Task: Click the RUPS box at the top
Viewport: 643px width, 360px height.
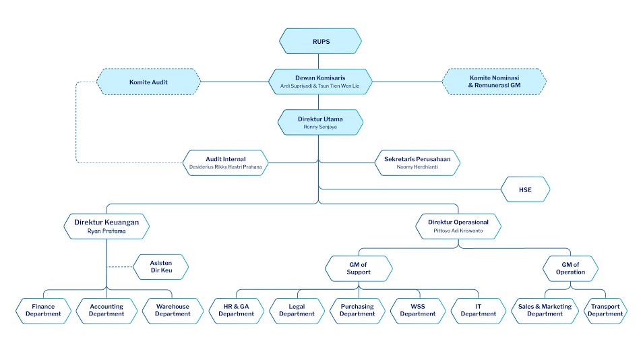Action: pos(321,41)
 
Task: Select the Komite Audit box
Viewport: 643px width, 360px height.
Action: pos(148,82)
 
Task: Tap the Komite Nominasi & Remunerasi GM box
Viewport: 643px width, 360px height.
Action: pos(494,82)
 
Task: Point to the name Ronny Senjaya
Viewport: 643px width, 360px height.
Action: pos(321,127)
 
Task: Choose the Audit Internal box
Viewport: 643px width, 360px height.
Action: pos(225,162)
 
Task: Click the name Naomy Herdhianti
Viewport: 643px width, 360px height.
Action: pos(417,166)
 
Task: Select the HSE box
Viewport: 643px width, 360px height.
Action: pos(525,190)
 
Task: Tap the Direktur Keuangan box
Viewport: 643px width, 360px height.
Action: pos(106,226)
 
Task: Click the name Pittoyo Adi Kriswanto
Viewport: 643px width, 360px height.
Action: pos(458,231)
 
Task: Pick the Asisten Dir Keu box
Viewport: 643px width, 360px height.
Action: pos(160,268)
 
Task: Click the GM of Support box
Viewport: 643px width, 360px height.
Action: pos(359,268)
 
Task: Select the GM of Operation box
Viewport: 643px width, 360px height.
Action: pos(570,268)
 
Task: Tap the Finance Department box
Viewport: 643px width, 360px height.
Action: pos(43,310)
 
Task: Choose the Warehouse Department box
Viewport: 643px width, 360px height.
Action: pos(173,310)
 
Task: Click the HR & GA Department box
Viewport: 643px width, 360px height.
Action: pos(236,310)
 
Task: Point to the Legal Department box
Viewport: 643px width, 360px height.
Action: pos(297,310)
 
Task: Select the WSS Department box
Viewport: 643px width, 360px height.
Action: pos(418,310)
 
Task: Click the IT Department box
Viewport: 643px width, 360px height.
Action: pos(479,310)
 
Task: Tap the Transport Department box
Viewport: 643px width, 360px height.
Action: pos(605,310)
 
